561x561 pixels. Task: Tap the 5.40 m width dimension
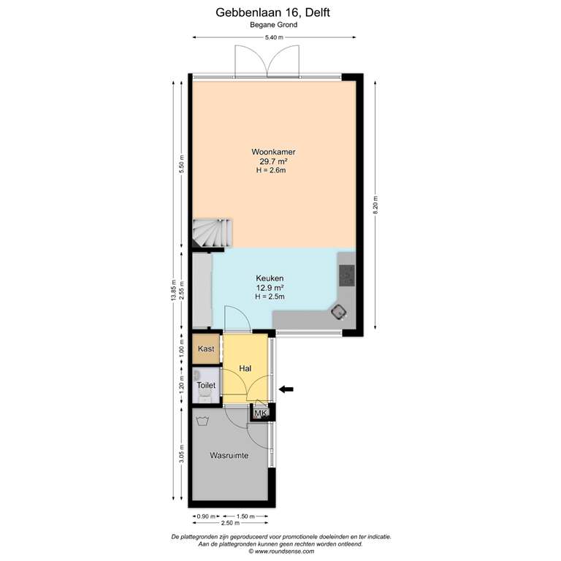(x=275, y=37)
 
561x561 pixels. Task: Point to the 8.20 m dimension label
(x=375, y=204)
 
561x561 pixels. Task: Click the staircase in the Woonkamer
(x=212, y=233)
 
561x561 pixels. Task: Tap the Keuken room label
(x=269, y=278)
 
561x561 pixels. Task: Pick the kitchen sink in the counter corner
(x=338, y=313)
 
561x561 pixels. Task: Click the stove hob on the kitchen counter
(x=346, y=275)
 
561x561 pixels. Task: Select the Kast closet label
(x=205, y=349)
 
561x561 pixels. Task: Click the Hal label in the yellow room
(x=245, y=369)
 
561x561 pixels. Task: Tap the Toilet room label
(x=205, y=384)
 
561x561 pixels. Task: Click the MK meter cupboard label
(x=261, y=413)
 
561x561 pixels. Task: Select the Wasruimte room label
(x=229, y=455)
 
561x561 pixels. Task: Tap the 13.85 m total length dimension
(x=174, y=292)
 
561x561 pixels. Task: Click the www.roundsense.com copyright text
(x=280, y=552)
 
